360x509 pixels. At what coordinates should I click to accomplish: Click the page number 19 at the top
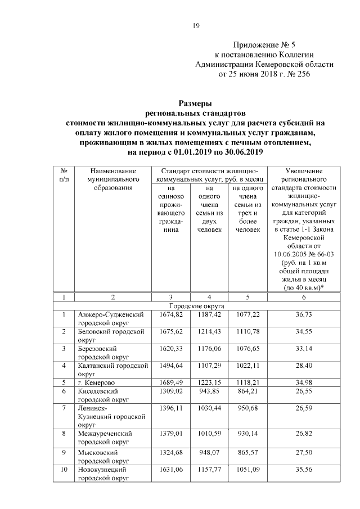196,25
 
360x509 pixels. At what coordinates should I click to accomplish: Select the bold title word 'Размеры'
195,103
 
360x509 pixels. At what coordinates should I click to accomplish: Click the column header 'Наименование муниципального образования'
112,179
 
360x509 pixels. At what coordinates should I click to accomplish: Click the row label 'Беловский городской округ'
112,336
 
